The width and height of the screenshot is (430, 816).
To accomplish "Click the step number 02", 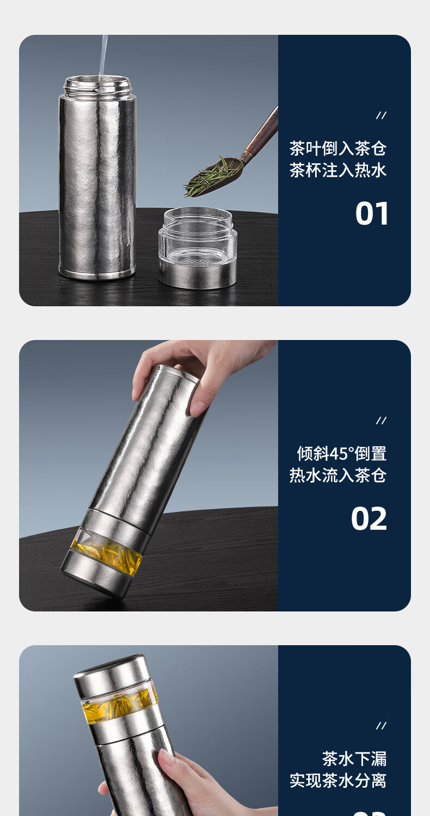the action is (369, 519).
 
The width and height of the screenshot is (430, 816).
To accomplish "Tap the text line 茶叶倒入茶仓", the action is (338, 149).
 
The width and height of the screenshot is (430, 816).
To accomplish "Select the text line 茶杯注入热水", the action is (338, 170).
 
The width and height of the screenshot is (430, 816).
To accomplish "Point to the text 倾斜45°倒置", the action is (341, 454).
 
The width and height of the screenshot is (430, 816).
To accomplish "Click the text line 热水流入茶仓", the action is (338, 475).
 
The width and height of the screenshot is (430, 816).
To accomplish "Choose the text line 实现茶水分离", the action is (338, 780).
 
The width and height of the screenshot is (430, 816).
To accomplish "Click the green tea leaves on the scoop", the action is (208, 178).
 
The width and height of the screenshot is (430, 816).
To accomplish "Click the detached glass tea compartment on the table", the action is (198, 248).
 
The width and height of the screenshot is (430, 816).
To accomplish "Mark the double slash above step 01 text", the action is (381, 115).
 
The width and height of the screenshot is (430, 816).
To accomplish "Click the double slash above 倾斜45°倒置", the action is (381, 421).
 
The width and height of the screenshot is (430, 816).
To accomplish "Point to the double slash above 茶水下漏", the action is (381, 726).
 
